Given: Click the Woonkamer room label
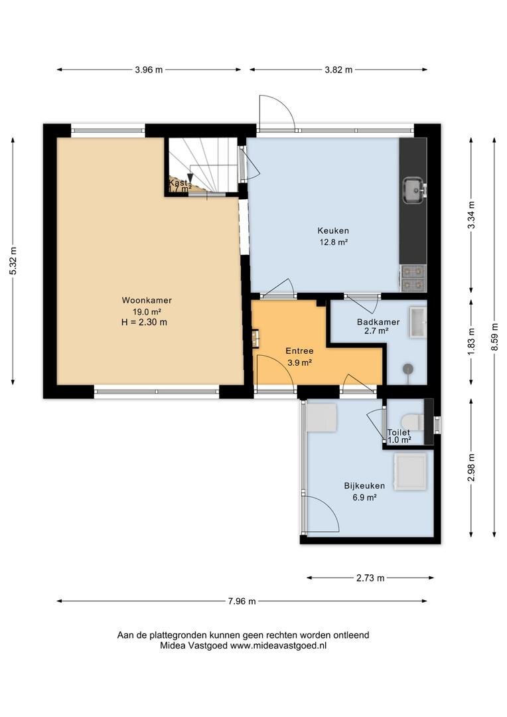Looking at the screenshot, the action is click(147, 301).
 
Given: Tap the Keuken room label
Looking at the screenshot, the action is click(333, 231).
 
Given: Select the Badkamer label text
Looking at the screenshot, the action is click(378, 322).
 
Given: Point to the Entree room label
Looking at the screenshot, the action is click(299, 351).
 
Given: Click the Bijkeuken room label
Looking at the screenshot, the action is click(364, 485).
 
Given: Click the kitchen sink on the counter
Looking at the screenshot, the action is click(414, 190).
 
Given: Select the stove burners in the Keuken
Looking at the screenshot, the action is click(413, 278).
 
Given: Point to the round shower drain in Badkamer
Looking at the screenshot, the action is click(408, 368).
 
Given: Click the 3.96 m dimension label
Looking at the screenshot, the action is click(149, 70).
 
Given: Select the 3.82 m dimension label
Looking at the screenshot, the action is click(338, 70).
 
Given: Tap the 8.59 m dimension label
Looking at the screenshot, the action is click(494, 337).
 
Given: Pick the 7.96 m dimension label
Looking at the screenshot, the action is click(242, 601).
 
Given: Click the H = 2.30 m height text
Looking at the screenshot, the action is click(141, 323).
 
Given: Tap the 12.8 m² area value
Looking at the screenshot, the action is click(334, 242).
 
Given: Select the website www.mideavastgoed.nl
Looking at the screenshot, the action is click(279, 646).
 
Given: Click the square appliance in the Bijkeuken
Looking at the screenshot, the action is click(411, 472).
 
